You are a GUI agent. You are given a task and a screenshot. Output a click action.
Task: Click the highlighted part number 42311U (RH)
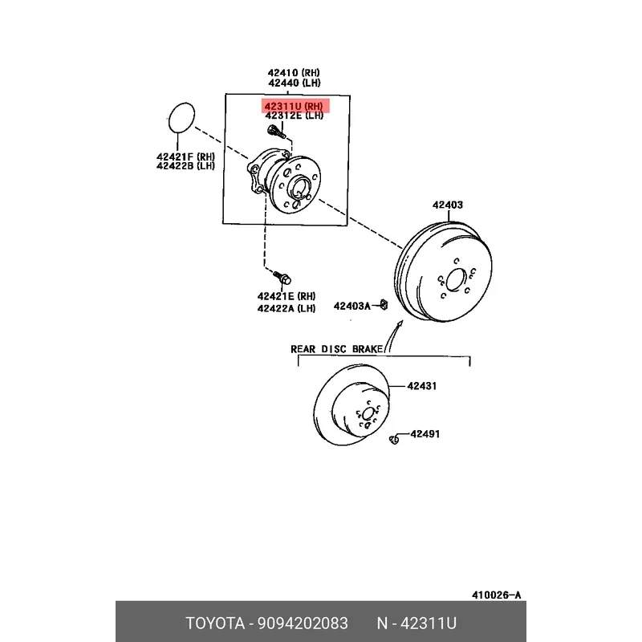coord(294,106)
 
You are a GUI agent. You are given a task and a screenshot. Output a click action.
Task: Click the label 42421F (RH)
coord(185,156)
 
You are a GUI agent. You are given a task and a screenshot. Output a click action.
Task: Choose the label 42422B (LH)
coord(185,167)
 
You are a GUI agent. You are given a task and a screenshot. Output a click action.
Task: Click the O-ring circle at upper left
coord(184,118)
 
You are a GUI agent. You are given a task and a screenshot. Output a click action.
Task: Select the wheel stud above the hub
coord(275,132)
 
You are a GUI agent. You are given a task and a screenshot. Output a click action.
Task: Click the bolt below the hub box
coord(283,278)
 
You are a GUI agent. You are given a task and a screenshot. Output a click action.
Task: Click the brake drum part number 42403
coord(448,205)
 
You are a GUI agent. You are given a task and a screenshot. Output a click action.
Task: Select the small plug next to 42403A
coord(384,304)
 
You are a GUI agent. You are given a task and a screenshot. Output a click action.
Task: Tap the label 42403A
coord(352,306)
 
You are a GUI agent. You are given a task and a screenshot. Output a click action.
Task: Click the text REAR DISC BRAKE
coord(337,349)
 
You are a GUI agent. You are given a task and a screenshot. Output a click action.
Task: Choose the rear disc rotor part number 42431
coord(421,386)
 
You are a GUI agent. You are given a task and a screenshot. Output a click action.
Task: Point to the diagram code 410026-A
coord(496,595)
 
